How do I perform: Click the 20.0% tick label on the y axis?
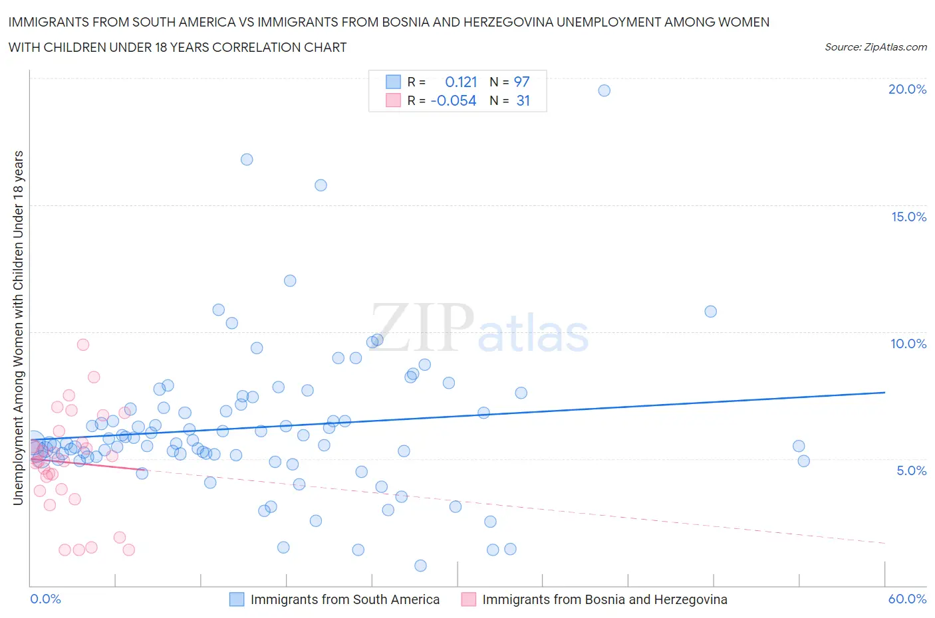tap(907, 89)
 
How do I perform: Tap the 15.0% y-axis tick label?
tap(908, 217)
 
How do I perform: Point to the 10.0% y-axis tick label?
tap(908, 344)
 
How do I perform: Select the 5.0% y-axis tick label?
tap(911, 470)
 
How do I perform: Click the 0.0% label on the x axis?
tap(46, 599)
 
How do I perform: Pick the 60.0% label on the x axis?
tap(907, 599)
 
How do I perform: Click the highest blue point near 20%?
tap(604, 90)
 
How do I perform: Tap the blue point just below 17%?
tap(247, 159)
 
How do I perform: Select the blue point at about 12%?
tap(290, 280)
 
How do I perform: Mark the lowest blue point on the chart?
tap(420, 566)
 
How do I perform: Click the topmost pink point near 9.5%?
tap(83, 344)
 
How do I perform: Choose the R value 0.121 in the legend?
tap(461, 82)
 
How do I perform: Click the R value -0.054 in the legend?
tap(454, 100)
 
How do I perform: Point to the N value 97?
tap(522, 82)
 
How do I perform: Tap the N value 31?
tap(523, 100)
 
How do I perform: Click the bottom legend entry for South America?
tap(344, 599)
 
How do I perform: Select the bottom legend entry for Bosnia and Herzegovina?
tap(604, 599)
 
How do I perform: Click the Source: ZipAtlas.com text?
tap(875, 47)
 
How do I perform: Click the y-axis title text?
tap(19, 328)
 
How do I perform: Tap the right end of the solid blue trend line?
tap(885, 392)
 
